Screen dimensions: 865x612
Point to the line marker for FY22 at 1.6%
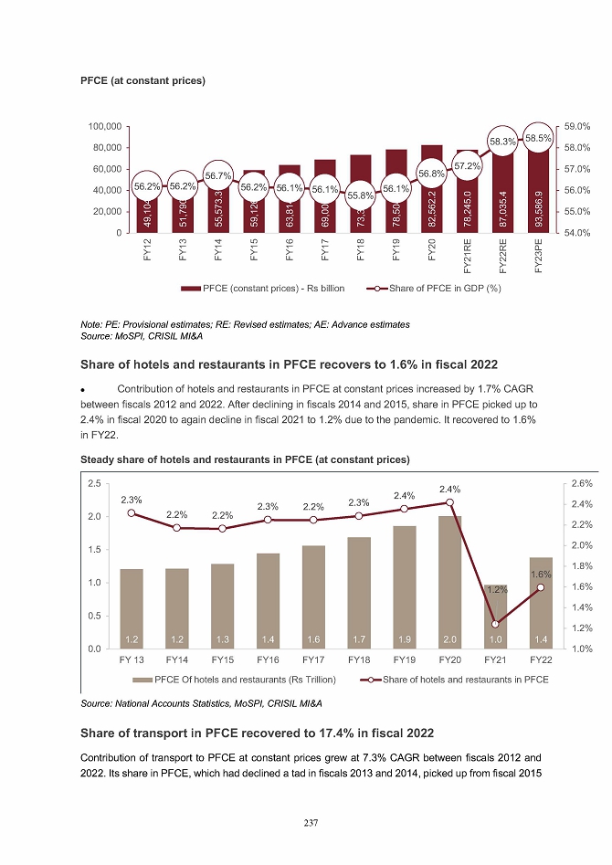click(x=541, y=587)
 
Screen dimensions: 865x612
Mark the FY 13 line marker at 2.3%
click(x=132, y=513)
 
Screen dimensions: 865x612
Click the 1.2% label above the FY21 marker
click(x=495, y=590)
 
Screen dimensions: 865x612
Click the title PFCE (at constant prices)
click(x=142, y=81)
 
